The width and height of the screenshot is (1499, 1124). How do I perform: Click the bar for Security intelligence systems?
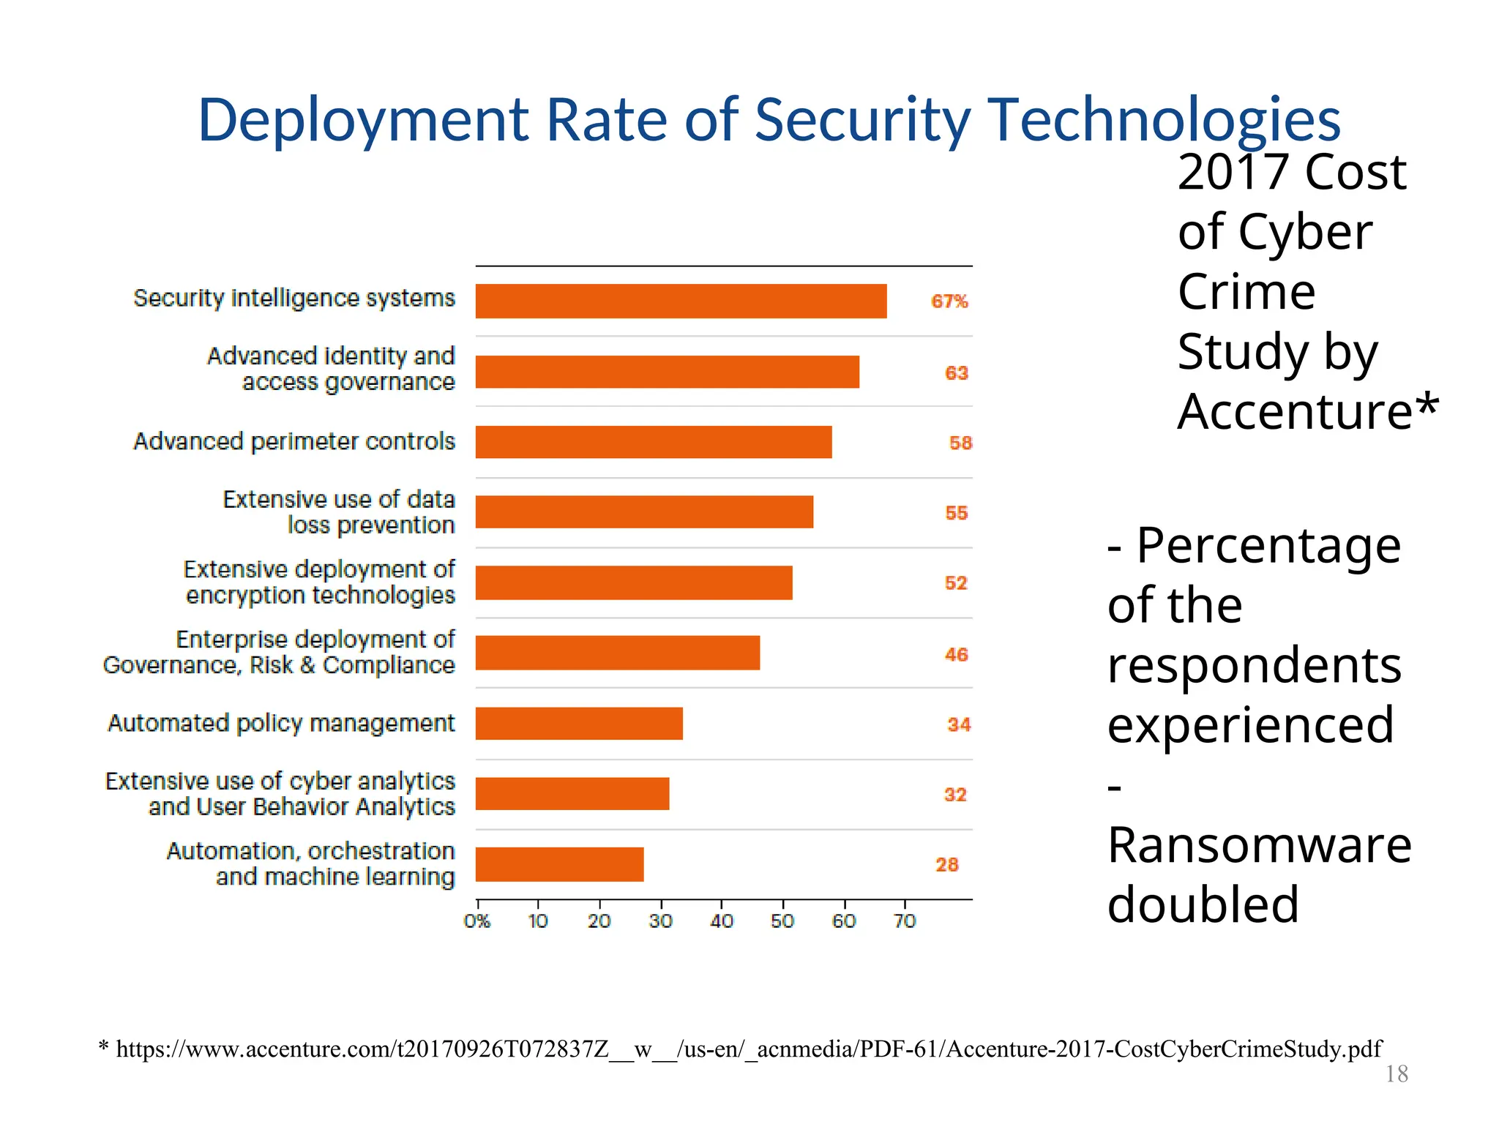click(x=681, y=301)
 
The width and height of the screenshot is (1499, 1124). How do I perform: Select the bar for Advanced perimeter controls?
click(x=653, y=442)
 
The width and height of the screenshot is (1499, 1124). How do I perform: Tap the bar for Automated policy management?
click(x=578, y=724)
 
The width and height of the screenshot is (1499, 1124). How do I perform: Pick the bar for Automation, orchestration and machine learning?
click(x=559, y=864)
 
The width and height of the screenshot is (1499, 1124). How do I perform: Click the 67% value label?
click(x=949, y=301)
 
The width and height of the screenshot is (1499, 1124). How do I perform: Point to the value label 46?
click(x=956, y=654)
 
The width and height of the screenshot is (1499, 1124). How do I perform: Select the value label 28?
click(x=946, y=865)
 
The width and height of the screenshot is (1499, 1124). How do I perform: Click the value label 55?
click(x=956, y=513)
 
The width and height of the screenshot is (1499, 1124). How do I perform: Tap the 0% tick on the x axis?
click(x=476, y=921)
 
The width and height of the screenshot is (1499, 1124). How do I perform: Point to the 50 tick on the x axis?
click(x=782, y=921)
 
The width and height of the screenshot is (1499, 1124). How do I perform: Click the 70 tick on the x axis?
click(x=905, y=921)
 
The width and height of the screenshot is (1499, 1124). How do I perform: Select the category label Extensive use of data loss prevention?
click(x=338, y=512)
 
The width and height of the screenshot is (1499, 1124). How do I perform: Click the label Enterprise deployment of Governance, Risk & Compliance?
click(x=279, y=652)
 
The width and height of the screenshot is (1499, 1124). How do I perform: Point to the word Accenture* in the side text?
click(x=1307, y=412)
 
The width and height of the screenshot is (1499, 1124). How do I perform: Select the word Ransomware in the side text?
click(x=1259, y=845)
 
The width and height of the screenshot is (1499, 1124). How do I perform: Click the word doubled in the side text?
click(x=1203, y=905)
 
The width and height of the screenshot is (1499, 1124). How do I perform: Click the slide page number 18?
click(x=1397, y=1074)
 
